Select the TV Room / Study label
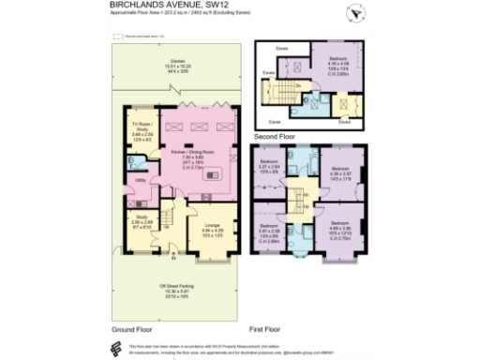(141, 128)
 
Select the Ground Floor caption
(132, 331)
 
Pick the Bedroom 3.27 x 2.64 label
(268, 170)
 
